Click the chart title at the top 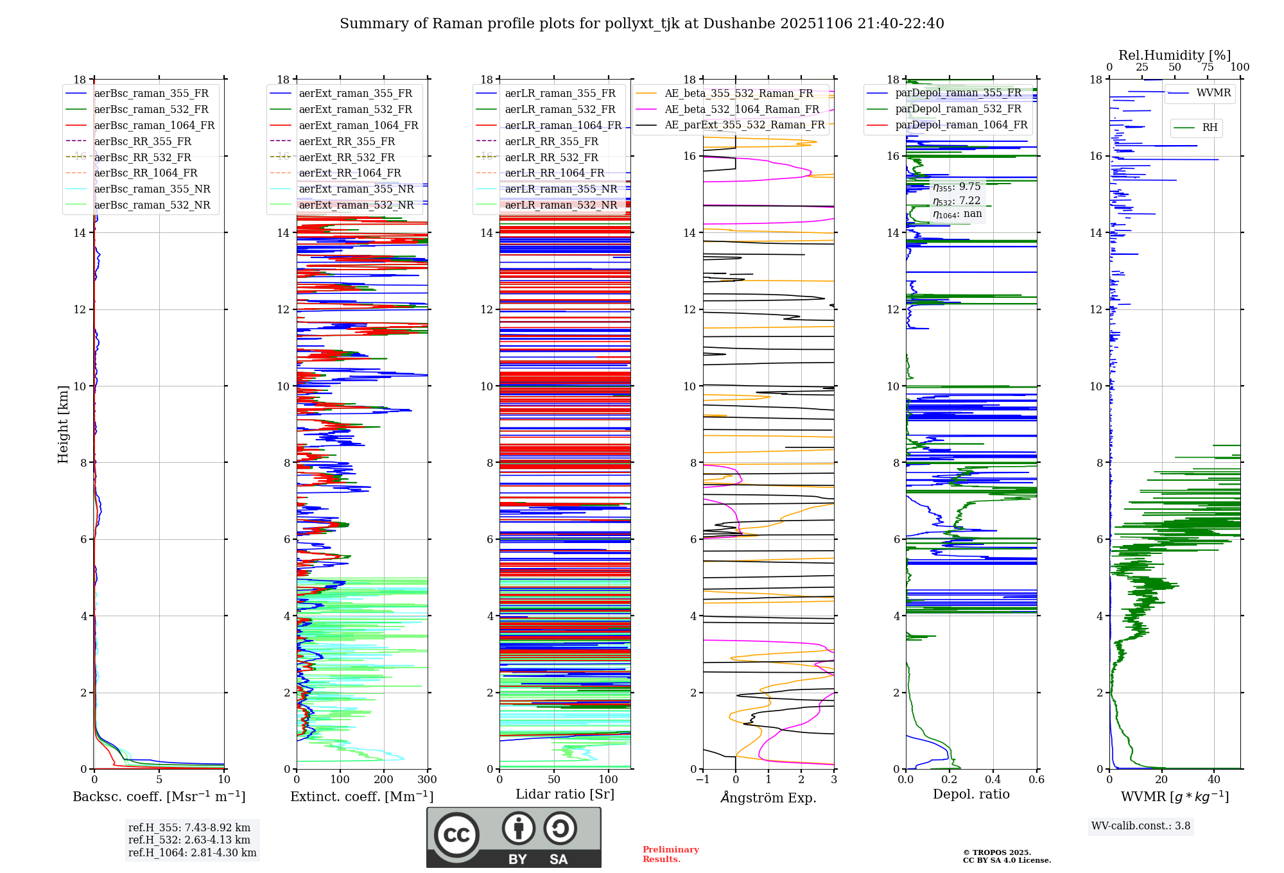[641, 24]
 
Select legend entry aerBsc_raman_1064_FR [154, 125]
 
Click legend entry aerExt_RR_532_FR [347, 157]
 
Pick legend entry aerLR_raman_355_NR [560, 189]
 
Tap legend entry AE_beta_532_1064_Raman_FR [742, 109]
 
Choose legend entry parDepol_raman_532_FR [958, 108]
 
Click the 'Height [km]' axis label [63, 424]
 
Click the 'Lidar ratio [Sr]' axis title [565, 794]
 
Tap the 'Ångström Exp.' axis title [768, 797]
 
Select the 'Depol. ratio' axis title [971, 794]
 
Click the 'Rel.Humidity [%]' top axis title [1174, 55]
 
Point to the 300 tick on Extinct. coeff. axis [427, 779]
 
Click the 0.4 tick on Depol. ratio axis [993, 779]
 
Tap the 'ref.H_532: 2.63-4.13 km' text [189, 840]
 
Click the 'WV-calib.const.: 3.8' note [1141, 826]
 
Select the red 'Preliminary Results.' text [670, 854]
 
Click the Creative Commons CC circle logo [456, 835]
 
